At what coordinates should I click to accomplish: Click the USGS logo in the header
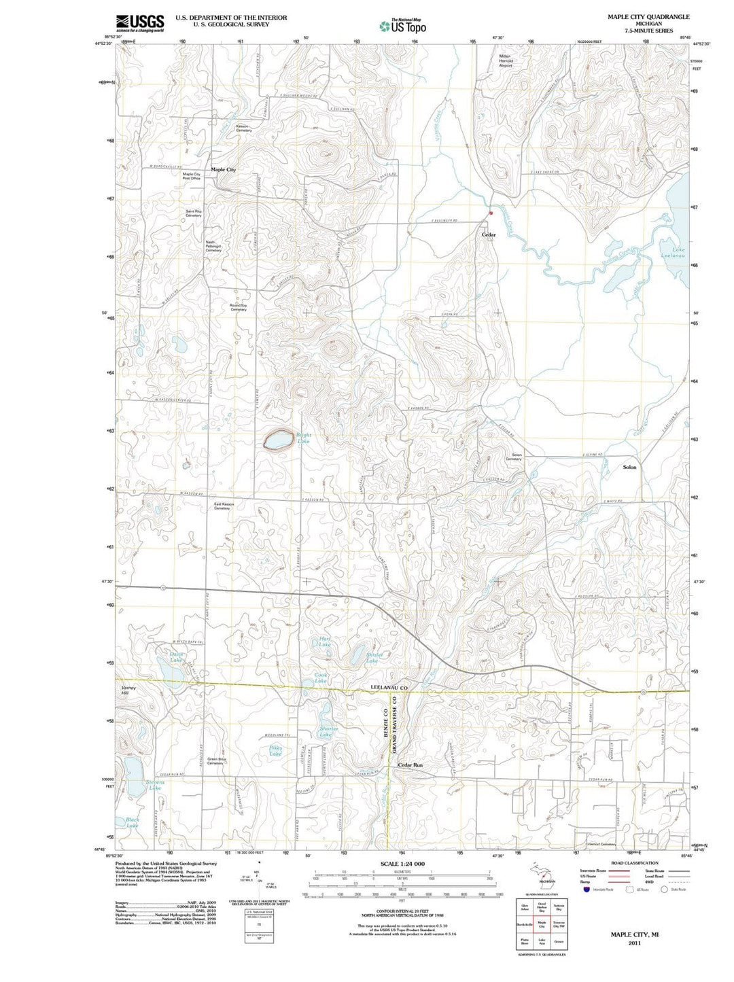pos(139,24)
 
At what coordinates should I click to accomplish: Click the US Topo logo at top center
pos(403,27)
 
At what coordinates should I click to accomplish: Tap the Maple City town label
pos(223,169)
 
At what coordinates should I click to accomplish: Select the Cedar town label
pos(489,235)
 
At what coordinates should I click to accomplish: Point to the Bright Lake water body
pos(279,440)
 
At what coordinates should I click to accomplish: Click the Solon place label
pos(629,468)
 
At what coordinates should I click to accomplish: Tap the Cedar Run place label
pos(410,765)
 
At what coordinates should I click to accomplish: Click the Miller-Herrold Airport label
pos(506,60)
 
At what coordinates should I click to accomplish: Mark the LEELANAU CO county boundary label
pos(389,688)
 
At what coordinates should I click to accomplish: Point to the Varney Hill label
pos(128,691)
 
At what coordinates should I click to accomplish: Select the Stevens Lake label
pos(155,785)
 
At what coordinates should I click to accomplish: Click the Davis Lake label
pos(176,657)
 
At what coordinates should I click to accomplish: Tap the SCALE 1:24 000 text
pos(403,864)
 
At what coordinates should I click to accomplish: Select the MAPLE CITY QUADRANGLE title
pos(639,16)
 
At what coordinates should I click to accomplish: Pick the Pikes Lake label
pos(275,751)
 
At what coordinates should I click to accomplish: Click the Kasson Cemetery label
pos(244,128)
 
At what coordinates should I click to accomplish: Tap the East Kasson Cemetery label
pos(223,506)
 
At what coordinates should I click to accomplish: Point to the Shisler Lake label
pos(374,658)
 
